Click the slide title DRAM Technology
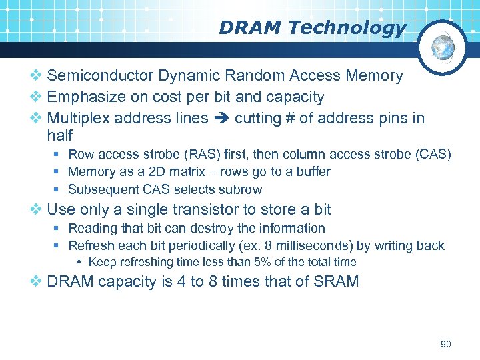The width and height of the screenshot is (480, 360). [312, 28]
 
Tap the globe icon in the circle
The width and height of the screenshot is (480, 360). [443, 47]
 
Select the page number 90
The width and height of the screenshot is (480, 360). [446, 344]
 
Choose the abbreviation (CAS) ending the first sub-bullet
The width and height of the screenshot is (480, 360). [433, 155]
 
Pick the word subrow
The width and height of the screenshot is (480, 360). [241, 189]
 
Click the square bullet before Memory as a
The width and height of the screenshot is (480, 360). [59, 172]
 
